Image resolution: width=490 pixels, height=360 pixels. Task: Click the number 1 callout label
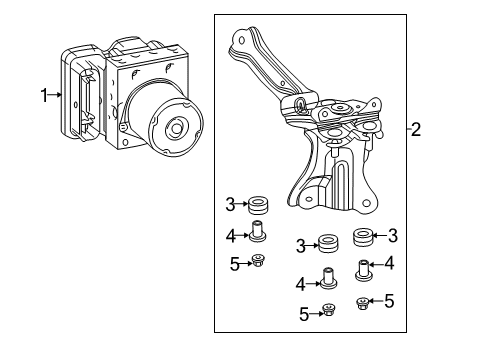click(x=43, y=95)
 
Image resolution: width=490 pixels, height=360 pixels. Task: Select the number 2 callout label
click(x=416, y=128)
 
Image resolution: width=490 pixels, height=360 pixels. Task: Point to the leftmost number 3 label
click(x=229, y=206)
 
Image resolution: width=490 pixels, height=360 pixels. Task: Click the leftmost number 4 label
click(x=229, y=235)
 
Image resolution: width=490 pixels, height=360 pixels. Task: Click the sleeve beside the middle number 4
click(x=327, y=280)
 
